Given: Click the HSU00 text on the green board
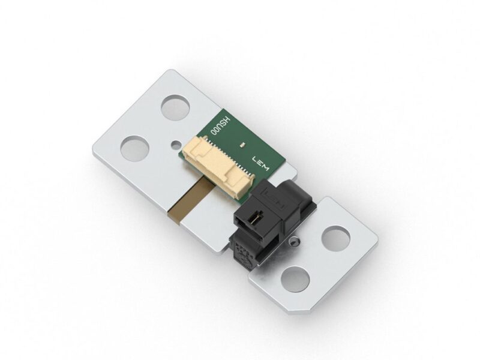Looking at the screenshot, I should [x=215, y=128].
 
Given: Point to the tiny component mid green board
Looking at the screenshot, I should [x=241, y=145].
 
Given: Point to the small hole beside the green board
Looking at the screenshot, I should [x=175, y=144].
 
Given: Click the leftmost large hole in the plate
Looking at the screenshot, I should [x=134, y=148].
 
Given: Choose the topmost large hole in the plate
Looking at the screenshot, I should [x=175, y=109].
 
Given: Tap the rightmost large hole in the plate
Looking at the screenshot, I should [x=335, y=238].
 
